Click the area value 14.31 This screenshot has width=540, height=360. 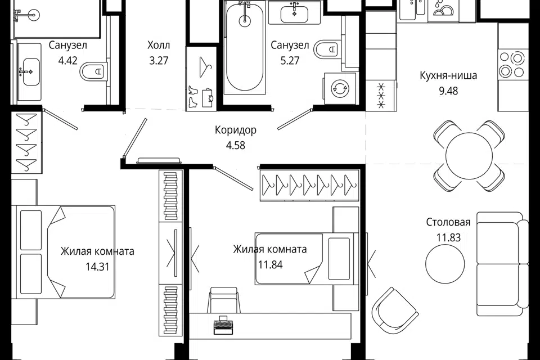tap(97, 266)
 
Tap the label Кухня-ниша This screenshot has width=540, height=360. tap(448, 75)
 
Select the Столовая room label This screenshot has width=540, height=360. tap(448, 222)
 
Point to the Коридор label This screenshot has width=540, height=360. tap(236, 130)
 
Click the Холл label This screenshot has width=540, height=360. tap(159, 45)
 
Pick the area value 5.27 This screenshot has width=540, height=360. tap(290, 61)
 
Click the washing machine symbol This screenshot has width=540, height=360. tap(340, 88)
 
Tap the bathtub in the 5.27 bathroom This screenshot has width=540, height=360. tap(244, 47)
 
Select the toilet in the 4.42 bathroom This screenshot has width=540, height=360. tap(92, 71)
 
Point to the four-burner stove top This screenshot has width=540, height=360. tap(513, 64)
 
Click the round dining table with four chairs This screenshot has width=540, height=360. tap(469, 156)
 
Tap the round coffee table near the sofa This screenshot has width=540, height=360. tap(445, 264)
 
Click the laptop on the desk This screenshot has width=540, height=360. tap(223, 325)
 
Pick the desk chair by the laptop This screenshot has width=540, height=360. tap(223, 300)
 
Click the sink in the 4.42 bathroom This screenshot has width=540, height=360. tap(30, 71)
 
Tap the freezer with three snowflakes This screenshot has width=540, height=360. tap(381, 96)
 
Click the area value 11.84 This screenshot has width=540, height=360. tap(271, 264)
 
